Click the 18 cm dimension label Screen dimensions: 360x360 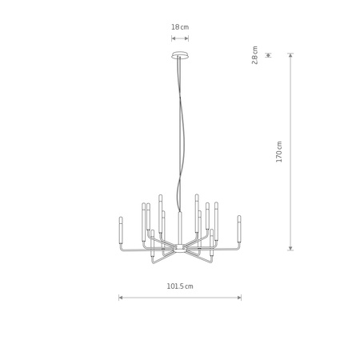tap(180, 27)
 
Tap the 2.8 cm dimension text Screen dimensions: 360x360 tap(255, 55)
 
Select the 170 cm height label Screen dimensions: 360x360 tap(279, 152)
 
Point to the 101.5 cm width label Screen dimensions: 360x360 tap(180, 286)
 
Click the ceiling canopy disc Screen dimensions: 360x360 tap(180, 55)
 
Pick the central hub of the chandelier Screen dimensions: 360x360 tap(180, 248)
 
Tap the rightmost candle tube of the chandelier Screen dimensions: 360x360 tap(239, 230)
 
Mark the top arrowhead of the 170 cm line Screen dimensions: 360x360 tap(290, 55)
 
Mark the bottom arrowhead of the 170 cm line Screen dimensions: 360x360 tap(290, 248)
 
